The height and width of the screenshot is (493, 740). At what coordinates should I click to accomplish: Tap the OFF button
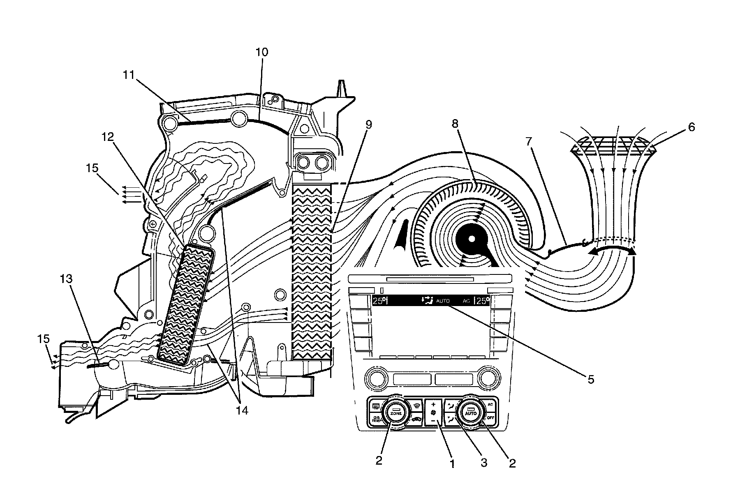click(x=490, y=418)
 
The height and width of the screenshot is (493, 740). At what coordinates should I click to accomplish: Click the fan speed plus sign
click(x=433, y=405)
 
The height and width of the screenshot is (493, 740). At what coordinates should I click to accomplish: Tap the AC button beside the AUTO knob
click(x=490, y=404)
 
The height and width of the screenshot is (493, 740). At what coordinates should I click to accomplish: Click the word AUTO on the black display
click(x=443, y=301)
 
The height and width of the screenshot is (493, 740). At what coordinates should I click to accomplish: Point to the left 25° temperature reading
click(x=379, y=301)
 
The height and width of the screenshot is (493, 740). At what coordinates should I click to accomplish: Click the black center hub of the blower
click(x=472, y=238)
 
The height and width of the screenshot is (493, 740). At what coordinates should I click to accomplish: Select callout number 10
click(x=261, y=52)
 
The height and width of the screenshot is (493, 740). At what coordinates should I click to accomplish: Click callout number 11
click(x=128, y=75)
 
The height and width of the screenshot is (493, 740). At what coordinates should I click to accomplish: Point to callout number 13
click(x=66, y=279)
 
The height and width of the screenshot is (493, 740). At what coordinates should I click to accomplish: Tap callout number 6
click(x=691, y=127)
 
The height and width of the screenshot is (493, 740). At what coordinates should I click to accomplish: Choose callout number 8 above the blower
click(x=455, y=123)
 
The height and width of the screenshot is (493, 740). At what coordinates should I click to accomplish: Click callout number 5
click(x=591, y=380)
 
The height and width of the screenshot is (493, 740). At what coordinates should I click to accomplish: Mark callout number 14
click(x=242, y=410)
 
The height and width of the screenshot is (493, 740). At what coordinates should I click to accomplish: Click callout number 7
click(x=529, y=142)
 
